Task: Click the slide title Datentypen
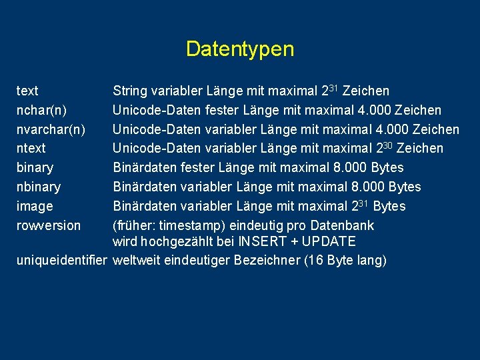click(x=239, y=49)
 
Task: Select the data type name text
click(x=27, y=91)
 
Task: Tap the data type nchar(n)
click(x=41, y=110)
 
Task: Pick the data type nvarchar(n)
click(x=50, y=129)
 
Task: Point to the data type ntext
click(x=31, y=148)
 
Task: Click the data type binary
click(x=35, y=167)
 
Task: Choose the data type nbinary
click(x=38, y=187)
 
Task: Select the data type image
click(x=35, y=206)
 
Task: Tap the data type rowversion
click(x=48, y=225)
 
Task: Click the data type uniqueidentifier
click(x=61, y=260)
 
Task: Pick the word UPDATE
click(x=330, y=241)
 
